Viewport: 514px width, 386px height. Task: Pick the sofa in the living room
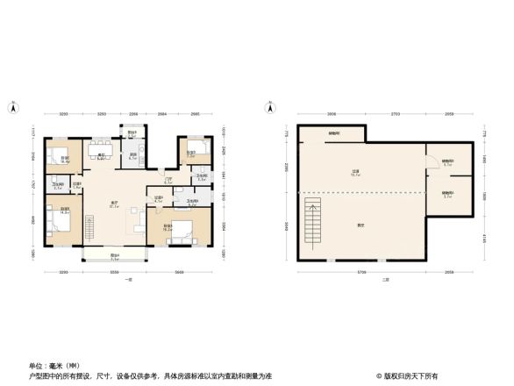pos(141,219)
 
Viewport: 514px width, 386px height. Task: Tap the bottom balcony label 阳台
pos(114,256)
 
